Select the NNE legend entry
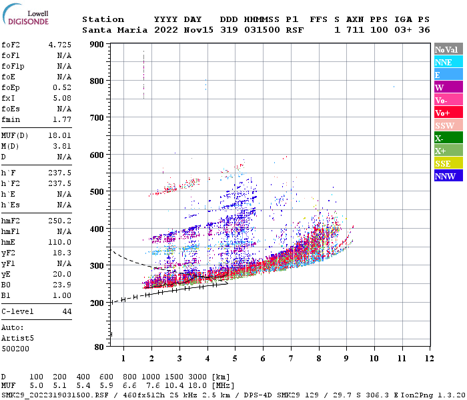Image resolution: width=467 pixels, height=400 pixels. tap(447, 62)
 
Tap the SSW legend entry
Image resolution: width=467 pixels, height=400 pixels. tap(447, 126)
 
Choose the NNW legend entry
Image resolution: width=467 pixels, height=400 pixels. tap(447, 177)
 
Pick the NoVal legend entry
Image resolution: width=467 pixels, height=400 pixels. tap(447, 49)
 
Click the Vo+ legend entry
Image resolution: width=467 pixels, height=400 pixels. tap(447, 113)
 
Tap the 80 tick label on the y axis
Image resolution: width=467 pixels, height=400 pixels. tap(99, 347)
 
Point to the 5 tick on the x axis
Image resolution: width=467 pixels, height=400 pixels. tap(235, 359)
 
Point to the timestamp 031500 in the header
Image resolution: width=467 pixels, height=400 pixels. tap(262, 30)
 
